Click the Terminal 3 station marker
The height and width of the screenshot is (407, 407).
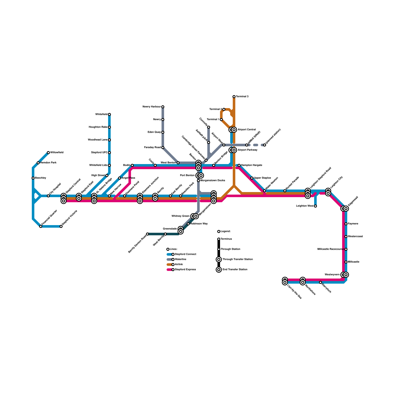click(234, 97)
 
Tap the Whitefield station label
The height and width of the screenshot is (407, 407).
click(101, 114)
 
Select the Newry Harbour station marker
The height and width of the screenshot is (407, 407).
click(163, 107)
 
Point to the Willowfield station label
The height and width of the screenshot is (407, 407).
click(57, 153)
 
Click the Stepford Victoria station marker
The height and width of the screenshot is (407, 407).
click(61, 226)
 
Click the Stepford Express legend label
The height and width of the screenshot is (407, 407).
click(185, 270)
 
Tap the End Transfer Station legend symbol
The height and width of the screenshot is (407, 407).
click(219, 270)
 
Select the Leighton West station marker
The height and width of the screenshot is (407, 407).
click(315, 206)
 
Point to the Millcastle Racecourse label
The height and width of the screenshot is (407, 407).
click(330, 249)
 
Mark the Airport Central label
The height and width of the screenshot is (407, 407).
click(247, 130)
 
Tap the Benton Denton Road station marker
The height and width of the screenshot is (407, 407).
click(148, 234)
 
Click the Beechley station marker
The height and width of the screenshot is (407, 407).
click(33, 178)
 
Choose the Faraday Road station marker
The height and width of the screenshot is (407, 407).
click(163, 148)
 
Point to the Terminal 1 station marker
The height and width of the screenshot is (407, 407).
click(221, 120)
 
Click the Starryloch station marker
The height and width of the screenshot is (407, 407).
click(321, 282)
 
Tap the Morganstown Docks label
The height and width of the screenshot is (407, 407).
click(213, 181)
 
